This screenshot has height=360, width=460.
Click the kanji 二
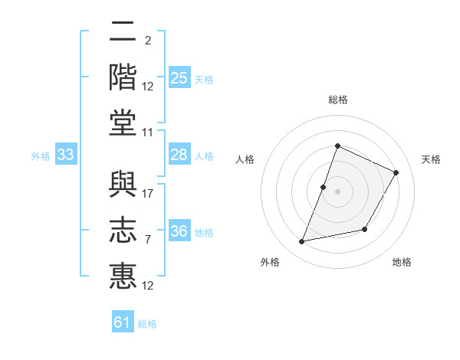point(123,31)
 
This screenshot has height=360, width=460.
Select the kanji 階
point(123,77)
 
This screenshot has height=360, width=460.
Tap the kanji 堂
point(123,123)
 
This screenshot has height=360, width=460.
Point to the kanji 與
point(123,184)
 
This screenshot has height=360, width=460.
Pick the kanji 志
point(123,230)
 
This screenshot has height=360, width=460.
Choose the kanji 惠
point(123,276)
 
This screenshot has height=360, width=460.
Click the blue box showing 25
point(179,77)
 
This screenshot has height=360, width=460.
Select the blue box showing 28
point(179,154)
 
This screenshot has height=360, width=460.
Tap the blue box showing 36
point(179,230)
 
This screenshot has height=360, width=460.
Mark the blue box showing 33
point(66,154)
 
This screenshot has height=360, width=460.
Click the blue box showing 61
point(123,321)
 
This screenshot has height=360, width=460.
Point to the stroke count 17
point(147,194)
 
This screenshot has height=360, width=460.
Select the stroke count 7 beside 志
point(148,240)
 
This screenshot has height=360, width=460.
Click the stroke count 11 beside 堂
point(147,133)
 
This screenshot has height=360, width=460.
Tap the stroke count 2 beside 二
point(148,40)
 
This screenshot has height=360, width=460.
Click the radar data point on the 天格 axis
point(396,172)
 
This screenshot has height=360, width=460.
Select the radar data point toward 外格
point(301,241)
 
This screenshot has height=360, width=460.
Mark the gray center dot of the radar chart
point(337,191)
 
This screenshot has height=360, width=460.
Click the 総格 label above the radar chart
point(338,100)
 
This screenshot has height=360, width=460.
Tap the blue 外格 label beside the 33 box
point(41,156)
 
